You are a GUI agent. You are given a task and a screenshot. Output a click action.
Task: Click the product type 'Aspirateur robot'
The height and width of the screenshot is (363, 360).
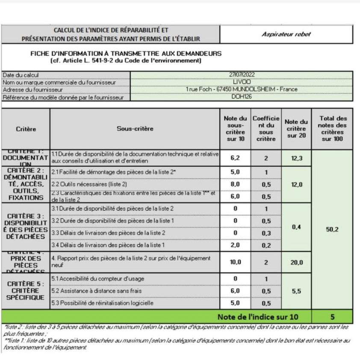pos(286,34)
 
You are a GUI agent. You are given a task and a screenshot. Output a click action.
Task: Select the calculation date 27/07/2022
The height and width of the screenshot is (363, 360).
pos(242,75)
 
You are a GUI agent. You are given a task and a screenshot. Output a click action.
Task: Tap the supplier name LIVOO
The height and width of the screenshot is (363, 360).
pos(242,82)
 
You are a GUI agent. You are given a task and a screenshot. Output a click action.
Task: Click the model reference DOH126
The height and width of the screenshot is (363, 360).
pos(242,97)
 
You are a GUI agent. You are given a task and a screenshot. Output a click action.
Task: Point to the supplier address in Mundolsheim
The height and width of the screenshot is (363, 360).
pos(242,89)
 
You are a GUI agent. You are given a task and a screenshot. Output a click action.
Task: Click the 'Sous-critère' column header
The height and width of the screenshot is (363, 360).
pos(135,129)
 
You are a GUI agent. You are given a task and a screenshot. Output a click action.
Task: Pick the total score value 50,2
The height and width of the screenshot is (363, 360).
pos(332,229)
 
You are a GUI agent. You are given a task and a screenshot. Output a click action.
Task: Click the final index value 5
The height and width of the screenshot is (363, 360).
pos(332,317)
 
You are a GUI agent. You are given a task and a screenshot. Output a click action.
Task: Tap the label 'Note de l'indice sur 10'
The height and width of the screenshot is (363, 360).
pos(258,317)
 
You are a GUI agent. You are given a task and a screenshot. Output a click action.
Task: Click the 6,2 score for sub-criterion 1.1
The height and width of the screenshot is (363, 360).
pos(235,158)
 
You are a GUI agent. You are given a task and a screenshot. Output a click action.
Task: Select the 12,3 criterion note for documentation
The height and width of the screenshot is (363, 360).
pos(296,158)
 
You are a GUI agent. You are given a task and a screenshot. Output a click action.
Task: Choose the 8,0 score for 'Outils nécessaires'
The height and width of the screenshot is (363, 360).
pos(235,184)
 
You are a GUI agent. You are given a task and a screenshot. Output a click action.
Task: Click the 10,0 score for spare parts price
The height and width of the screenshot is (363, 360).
pos(235,262)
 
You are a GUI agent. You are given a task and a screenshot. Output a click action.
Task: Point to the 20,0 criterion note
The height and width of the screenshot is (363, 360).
pos(296,263)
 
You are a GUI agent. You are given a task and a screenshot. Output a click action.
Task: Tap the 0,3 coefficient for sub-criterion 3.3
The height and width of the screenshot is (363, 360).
pos(266,233)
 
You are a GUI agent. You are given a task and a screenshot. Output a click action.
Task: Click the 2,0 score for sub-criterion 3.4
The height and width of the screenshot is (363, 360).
pos(235,245)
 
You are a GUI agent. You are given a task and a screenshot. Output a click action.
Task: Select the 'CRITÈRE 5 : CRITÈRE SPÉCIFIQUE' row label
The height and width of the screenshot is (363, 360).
pos(25,290)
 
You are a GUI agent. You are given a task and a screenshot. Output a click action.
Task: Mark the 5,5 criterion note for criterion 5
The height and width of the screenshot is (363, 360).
pos(296,291)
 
